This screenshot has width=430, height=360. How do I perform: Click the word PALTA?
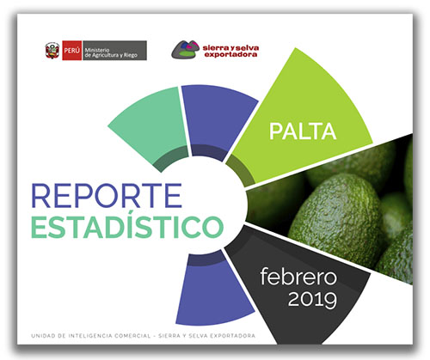303,131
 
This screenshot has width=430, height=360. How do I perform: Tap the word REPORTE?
107,196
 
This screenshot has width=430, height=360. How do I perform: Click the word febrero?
298,276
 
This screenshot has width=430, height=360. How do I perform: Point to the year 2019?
312,299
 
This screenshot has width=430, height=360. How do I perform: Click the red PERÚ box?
72,51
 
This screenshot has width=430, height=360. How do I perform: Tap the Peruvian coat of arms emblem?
52,51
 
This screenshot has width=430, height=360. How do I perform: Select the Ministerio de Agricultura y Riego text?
111,52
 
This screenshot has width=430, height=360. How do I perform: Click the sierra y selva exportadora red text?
230,51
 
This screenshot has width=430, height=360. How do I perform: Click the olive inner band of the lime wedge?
240,170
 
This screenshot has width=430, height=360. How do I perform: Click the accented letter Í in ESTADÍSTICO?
127,224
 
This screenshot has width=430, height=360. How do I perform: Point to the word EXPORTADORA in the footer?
232,336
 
